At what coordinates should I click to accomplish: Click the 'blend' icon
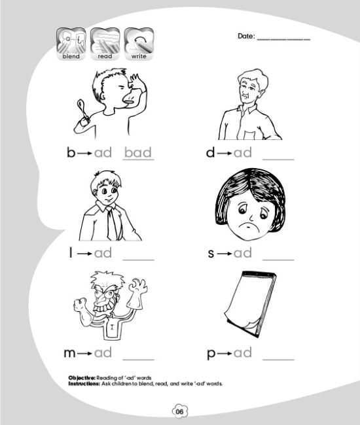click(71, 44)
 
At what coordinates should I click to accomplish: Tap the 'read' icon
click(105, 44)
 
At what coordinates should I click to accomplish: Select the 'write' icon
click(139, 44)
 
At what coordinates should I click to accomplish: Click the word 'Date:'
click(246, 36)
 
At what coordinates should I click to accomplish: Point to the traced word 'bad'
click(138, 152)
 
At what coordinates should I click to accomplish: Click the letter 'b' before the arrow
click(71, 152)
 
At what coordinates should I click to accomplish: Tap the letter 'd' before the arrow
click(210, 152)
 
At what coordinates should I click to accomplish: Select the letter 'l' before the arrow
click(71, 252)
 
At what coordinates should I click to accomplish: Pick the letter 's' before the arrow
click(211, 254)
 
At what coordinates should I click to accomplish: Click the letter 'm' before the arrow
click(69, 354)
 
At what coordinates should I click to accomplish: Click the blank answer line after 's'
click(278, 260)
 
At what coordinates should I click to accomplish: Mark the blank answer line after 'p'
click(278, 360)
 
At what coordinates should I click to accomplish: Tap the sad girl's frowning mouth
click(250, 226)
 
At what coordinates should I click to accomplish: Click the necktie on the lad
click(111, 224)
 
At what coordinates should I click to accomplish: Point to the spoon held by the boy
click(82, 111)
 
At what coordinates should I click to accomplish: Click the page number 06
click(179, 411)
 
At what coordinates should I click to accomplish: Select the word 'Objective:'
click(82, 378)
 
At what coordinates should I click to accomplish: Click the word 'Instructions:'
click(84, 384)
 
